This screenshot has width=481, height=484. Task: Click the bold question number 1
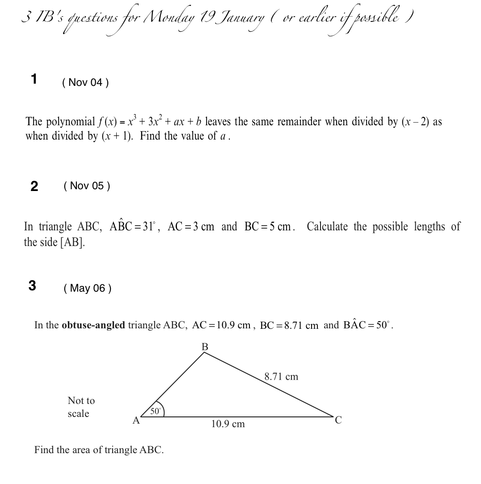[x=34, y=80]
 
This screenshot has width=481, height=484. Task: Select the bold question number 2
[x=34, y=186]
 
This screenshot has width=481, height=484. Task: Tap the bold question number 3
[x=32, y=286]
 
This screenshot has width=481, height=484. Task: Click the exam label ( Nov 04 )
[x=85, y=82]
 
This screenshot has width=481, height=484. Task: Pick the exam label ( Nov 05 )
[x=87, y=186]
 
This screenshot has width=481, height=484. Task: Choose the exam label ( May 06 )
[x=88, y=288]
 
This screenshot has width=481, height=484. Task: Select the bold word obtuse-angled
[x=93, y=325]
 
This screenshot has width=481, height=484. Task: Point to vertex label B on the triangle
[x=205, y=347]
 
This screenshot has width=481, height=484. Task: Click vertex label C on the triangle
[x=338, y=420]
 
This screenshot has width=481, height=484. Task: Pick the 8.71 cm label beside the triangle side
[x=281, y=377]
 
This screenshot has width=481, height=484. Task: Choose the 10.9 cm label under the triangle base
[x=228, y=424]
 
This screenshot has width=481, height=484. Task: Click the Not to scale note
[x=81, y=407]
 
